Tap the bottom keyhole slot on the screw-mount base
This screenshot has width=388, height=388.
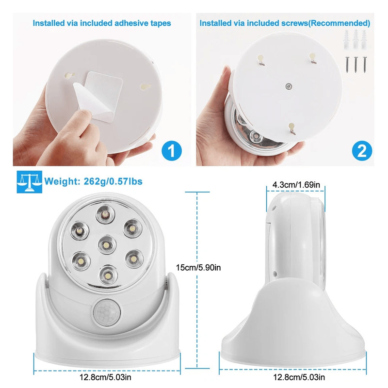(291, 128)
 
